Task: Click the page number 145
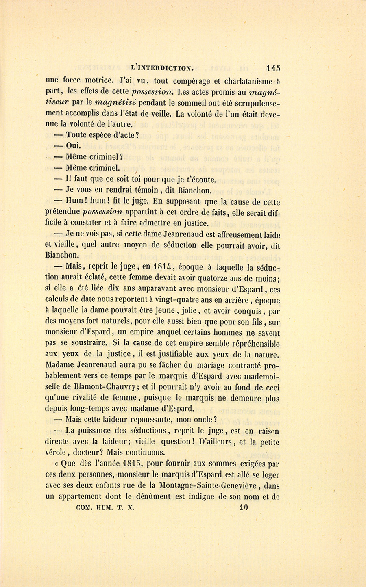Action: point(273,68)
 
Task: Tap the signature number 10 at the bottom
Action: point(244,507)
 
